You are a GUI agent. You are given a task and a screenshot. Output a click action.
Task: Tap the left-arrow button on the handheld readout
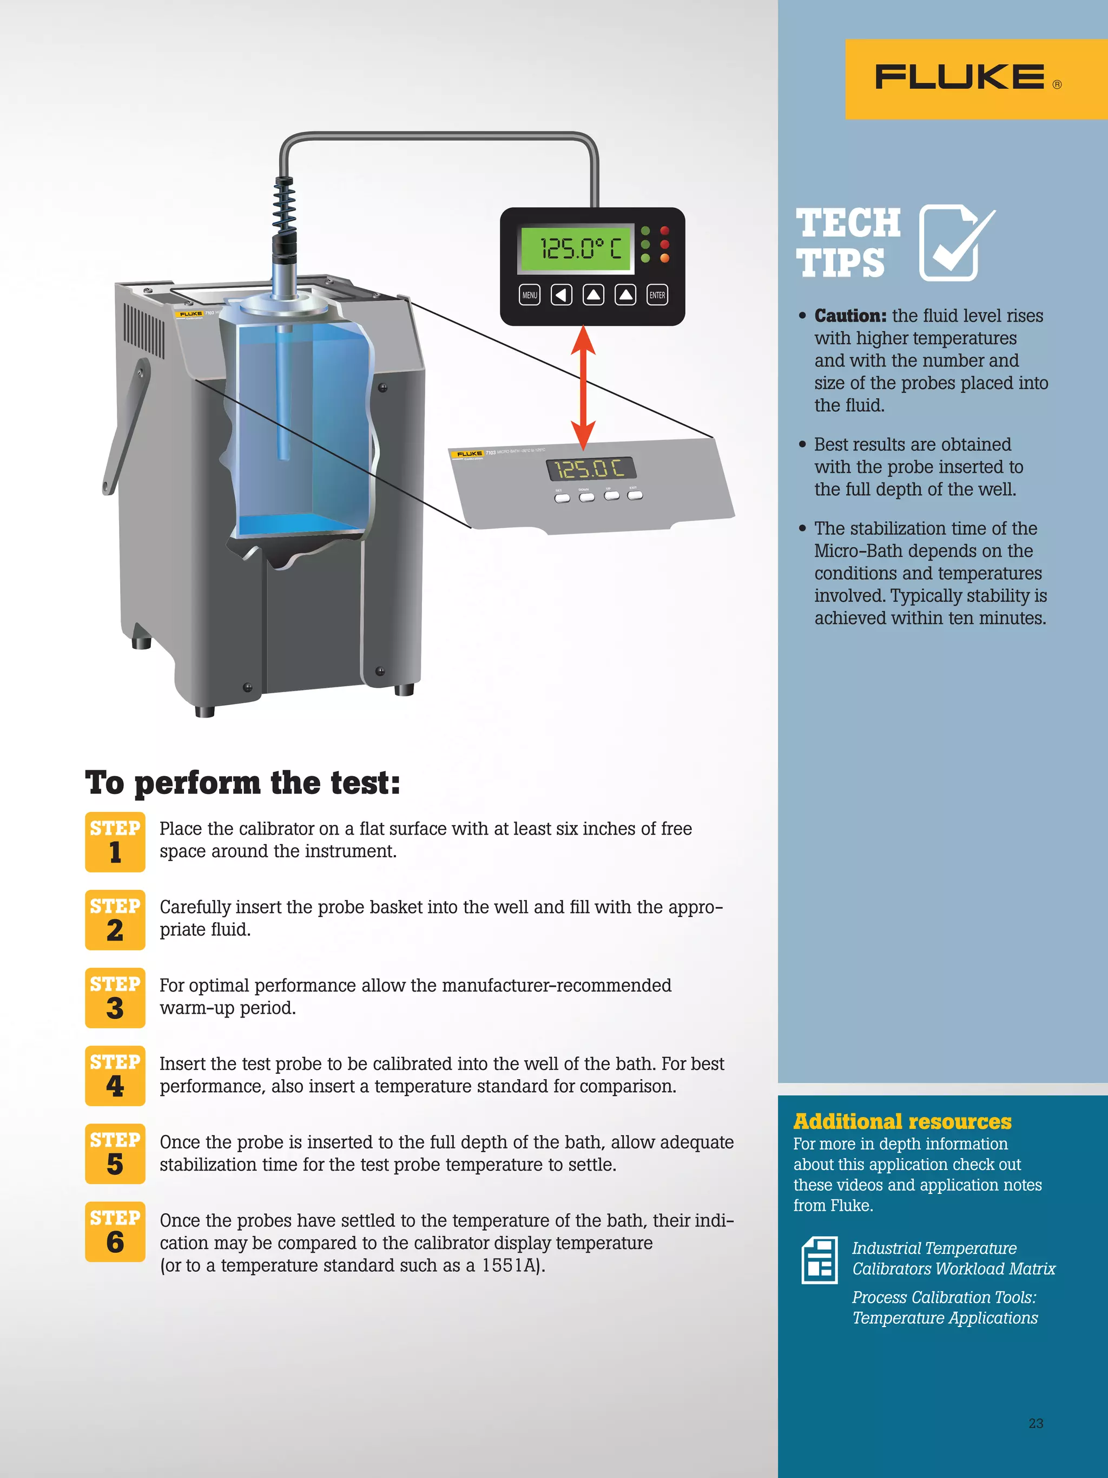(561, 294)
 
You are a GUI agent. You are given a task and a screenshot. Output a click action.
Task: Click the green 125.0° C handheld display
(576, 248)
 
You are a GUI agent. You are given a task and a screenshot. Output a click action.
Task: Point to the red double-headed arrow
(583, 387)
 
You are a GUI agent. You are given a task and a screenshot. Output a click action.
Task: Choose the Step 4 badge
(115, 1076)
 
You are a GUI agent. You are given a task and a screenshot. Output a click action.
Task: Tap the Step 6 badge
(115, 1231)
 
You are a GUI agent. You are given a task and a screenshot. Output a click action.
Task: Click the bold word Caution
(849, 316)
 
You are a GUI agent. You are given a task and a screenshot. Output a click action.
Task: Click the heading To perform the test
(242, 783)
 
